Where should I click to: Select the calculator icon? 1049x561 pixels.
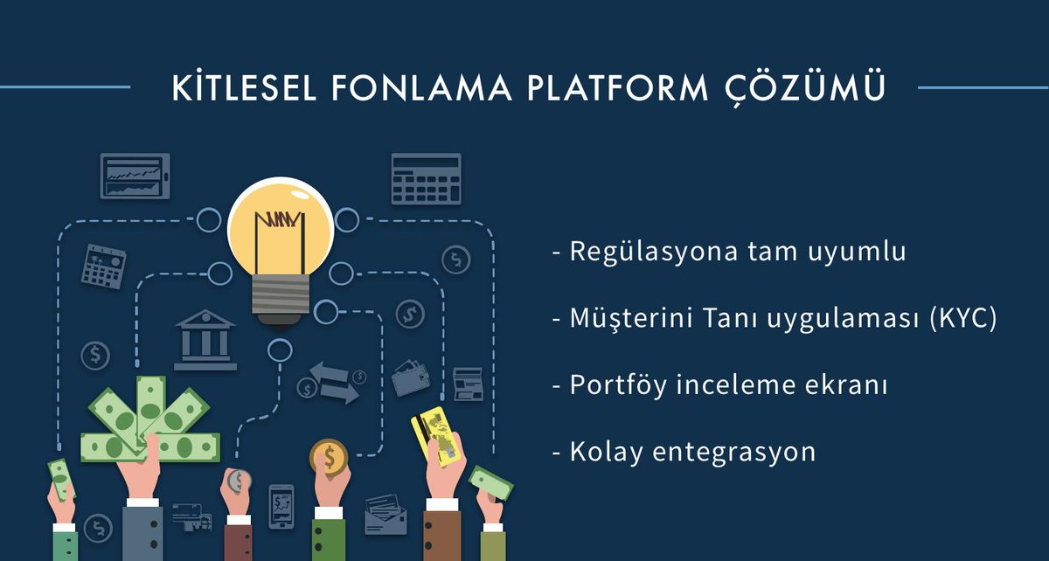pyautogui.click(x=426, y=178)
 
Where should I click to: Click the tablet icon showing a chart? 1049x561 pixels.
pyautogui.click(x=135, y=177)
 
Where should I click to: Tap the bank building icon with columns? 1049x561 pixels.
pyautogui.click(x=205, y=340)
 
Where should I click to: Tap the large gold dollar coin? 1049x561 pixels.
pyautogui.click(x=329, y=457)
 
